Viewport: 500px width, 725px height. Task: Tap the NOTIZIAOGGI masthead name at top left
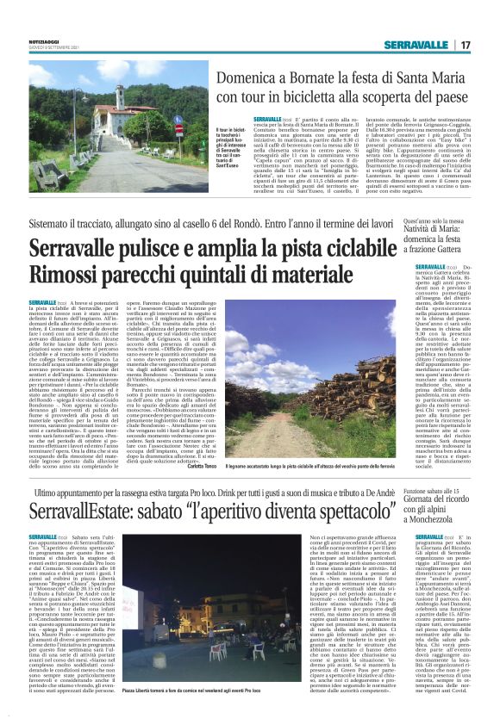47,40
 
